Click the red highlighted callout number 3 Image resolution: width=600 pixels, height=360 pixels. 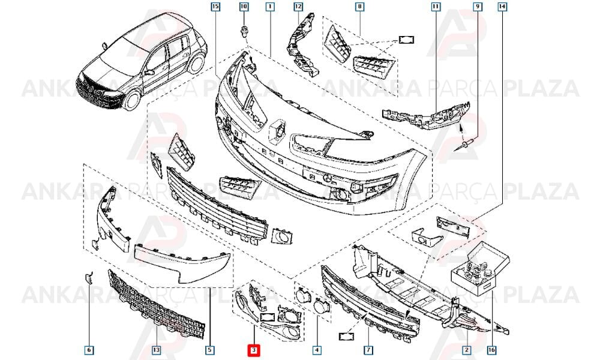pyautogui.click(x=254, y=350)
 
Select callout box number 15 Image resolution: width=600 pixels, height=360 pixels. pyautogui.click(x=215, y=7)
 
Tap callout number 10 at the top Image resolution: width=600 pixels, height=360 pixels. pyautogui.click(x=244, y=7)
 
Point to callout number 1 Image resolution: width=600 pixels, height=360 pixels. pyautogui.click(x=270, y=7)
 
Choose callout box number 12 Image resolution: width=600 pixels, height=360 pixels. pyautogui.click(x=298, y=7)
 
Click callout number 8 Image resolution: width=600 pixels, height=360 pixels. pyautogui.click(x=359, y=7)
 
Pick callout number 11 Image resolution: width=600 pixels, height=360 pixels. pyautogui.click(x=436, y=7)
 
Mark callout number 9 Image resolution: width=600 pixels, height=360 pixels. pyautogui.click(x=477, y=7)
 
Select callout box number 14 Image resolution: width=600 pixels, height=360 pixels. pyautogui.click(x=502, y=7)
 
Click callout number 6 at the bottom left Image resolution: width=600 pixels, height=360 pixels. pyautogui.click(x=89, y=350)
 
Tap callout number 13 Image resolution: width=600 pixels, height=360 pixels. pyautogui.click(x=156, y=350)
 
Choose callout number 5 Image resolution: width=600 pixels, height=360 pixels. pyautogui.click(x=209, y=350)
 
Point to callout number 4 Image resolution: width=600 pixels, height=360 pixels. pyautogui.click(x=316, y=350)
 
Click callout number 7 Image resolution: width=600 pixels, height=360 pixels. pyautogui.click(x=368, y=350)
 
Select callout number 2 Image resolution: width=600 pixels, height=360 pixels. pyautogui.click(x=467, y=350)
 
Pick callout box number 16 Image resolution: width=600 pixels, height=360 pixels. pyautogui.click(x=492, y=350)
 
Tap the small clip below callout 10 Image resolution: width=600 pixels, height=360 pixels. pyautogui.click(x=244, y=32)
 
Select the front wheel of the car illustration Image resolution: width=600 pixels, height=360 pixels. pyautogui.click(x=133, y=99)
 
